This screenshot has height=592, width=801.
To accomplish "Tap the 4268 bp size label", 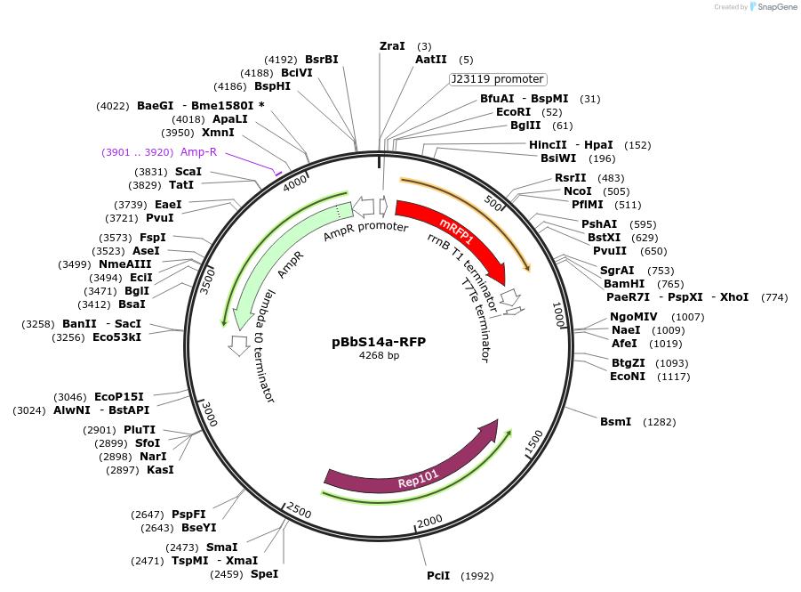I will (x=380, y=356).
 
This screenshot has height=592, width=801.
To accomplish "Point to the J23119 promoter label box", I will (x=498, y=79).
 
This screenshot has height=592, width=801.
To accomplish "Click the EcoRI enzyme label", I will (x=513, y=112).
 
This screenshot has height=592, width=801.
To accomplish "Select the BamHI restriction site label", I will (x=624, y=283).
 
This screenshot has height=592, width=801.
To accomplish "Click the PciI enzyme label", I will (x=437, y=576).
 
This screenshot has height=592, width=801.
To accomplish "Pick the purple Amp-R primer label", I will (x=198, y=152).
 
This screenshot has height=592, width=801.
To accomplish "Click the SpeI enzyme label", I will (x=264, y=574).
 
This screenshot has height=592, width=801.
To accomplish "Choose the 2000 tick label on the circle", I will (x=429, y=521).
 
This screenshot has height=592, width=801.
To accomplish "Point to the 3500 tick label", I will (x=207, y=279).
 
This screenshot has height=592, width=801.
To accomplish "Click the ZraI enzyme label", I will (x=392, y=45).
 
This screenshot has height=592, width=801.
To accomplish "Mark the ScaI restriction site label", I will (x=188, y=172).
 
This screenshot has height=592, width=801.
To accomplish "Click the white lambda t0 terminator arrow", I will (x=238, y=345).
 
